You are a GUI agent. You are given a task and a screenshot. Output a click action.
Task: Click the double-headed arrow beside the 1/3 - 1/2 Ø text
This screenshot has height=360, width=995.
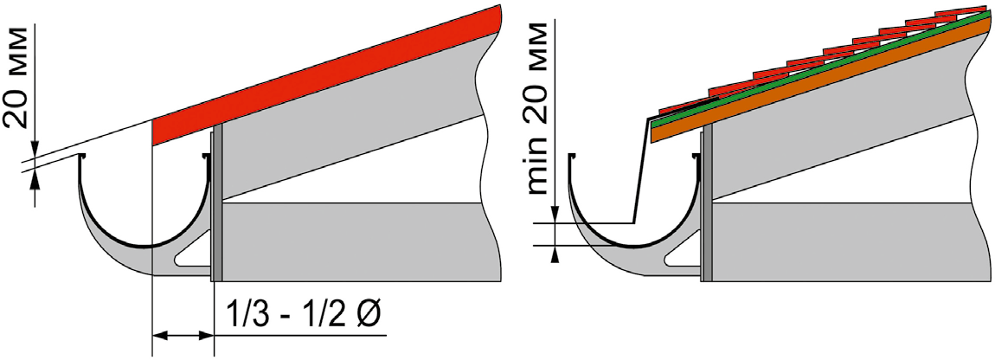(183, 334)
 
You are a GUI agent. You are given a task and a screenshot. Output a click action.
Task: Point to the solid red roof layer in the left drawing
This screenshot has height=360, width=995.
(327, 75)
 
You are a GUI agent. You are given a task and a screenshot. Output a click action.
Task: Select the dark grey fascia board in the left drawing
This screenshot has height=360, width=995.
(217, 203)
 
